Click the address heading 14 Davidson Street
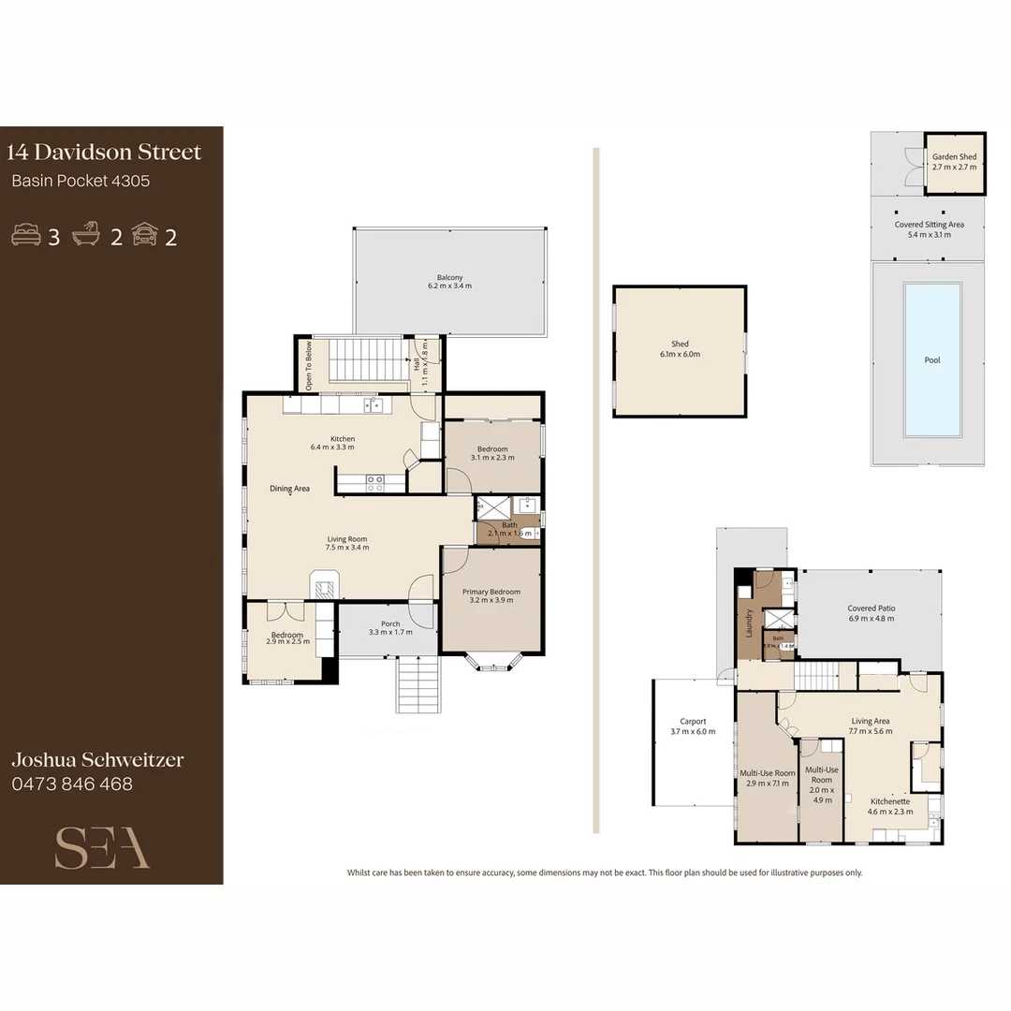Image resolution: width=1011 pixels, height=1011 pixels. pos(104,153)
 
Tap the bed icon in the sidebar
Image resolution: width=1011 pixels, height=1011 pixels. pos(25,235)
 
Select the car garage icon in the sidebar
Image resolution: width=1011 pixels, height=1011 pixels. pos(144,235)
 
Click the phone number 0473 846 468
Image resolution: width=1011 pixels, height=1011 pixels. pos(72,784)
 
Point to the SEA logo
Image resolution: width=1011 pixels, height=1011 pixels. pos(102,848)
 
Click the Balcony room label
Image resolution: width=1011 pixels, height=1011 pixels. pos(449,281)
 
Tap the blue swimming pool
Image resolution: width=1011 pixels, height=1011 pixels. pos(932,359)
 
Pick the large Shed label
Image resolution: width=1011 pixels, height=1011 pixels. pos(680,349)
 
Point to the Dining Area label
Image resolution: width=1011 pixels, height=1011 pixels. pos(289,489)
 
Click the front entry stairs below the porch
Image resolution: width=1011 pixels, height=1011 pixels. pos(418,684)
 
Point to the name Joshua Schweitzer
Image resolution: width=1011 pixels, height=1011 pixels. pos(96,759)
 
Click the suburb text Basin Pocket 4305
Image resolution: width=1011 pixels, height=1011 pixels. pos(81,182)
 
